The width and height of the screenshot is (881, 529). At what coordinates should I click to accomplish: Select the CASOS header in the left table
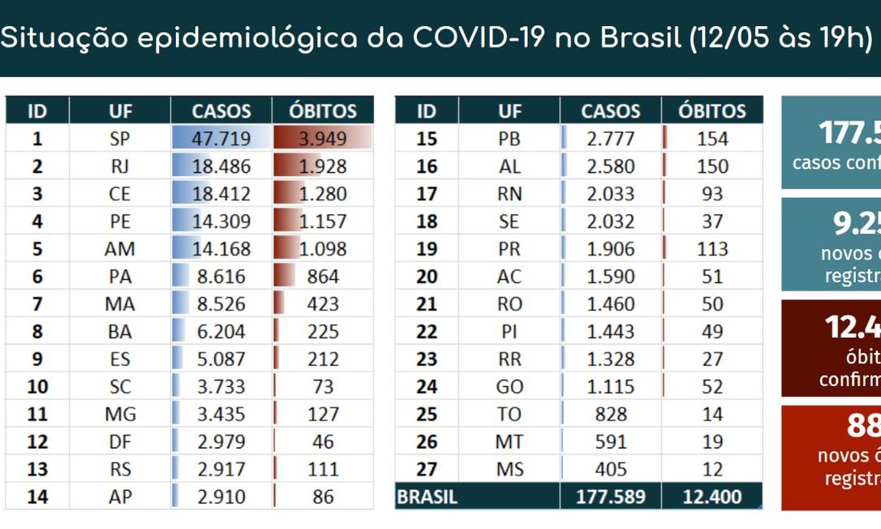point(221,111)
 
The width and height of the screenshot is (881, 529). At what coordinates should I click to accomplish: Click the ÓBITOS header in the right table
point(711,111)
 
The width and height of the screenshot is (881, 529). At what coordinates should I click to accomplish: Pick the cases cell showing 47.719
point(221,139)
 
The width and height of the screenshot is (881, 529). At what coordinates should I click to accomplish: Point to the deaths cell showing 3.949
point(323,139)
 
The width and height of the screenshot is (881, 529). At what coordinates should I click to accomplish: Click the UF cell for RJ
point(119,166)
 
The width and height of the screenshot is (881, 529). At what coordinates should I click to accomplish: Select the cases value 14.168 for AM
point(221,249)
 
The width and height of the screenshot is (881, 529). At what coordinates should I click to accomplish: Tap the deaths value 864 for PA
point(323,277)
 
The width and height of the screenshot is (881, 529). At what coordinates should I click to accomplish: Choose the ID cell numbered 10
point(37,387)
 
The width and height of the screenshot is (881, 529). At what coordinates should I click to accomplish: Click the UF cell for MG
point(119,415)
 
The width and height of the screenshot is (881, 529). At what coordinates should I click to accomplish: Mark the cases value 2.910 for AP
point(221,497)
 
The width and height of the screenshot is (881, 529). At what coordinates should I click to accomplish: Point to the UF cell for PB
point(509,139)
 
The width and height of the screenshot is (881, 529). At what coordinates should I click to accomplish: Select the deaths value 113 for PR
point(711,249)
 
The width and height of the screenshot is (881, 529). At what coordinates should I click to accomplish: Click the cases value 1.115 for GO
point(610,387)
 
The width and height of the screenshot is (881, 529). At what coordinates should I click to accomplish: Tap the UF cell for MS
point(509,470)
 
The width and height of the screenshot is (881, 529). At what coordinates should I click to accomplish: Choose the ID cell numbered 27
point(426,470)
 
